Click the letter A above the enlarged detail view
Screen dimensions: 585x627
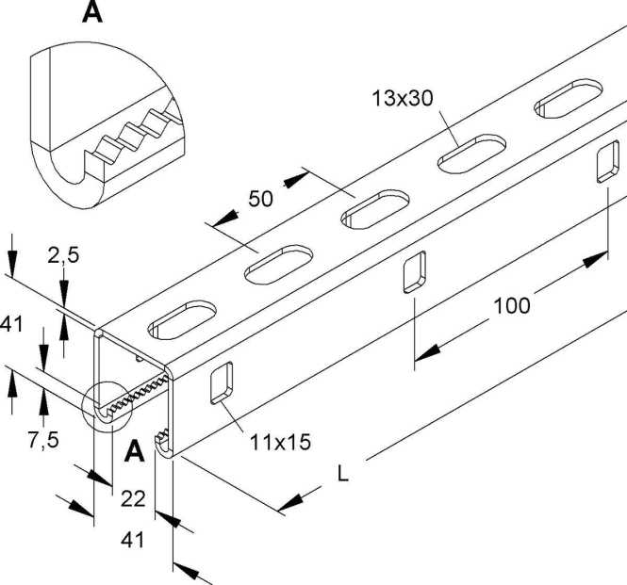click(93, 12)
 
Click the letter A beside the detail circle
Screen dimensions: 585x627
click(134, 452)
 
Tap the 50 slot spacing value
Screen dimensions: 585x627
click(260, 199)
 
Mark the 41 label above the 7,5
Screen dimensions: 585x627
click(12, 324)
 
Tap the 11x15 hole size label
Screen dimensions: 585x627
click(280, 439)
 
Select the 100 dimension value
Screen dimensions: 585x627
click(510, 305)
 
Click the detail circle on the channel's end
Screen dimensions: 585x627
click(106, 408)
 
